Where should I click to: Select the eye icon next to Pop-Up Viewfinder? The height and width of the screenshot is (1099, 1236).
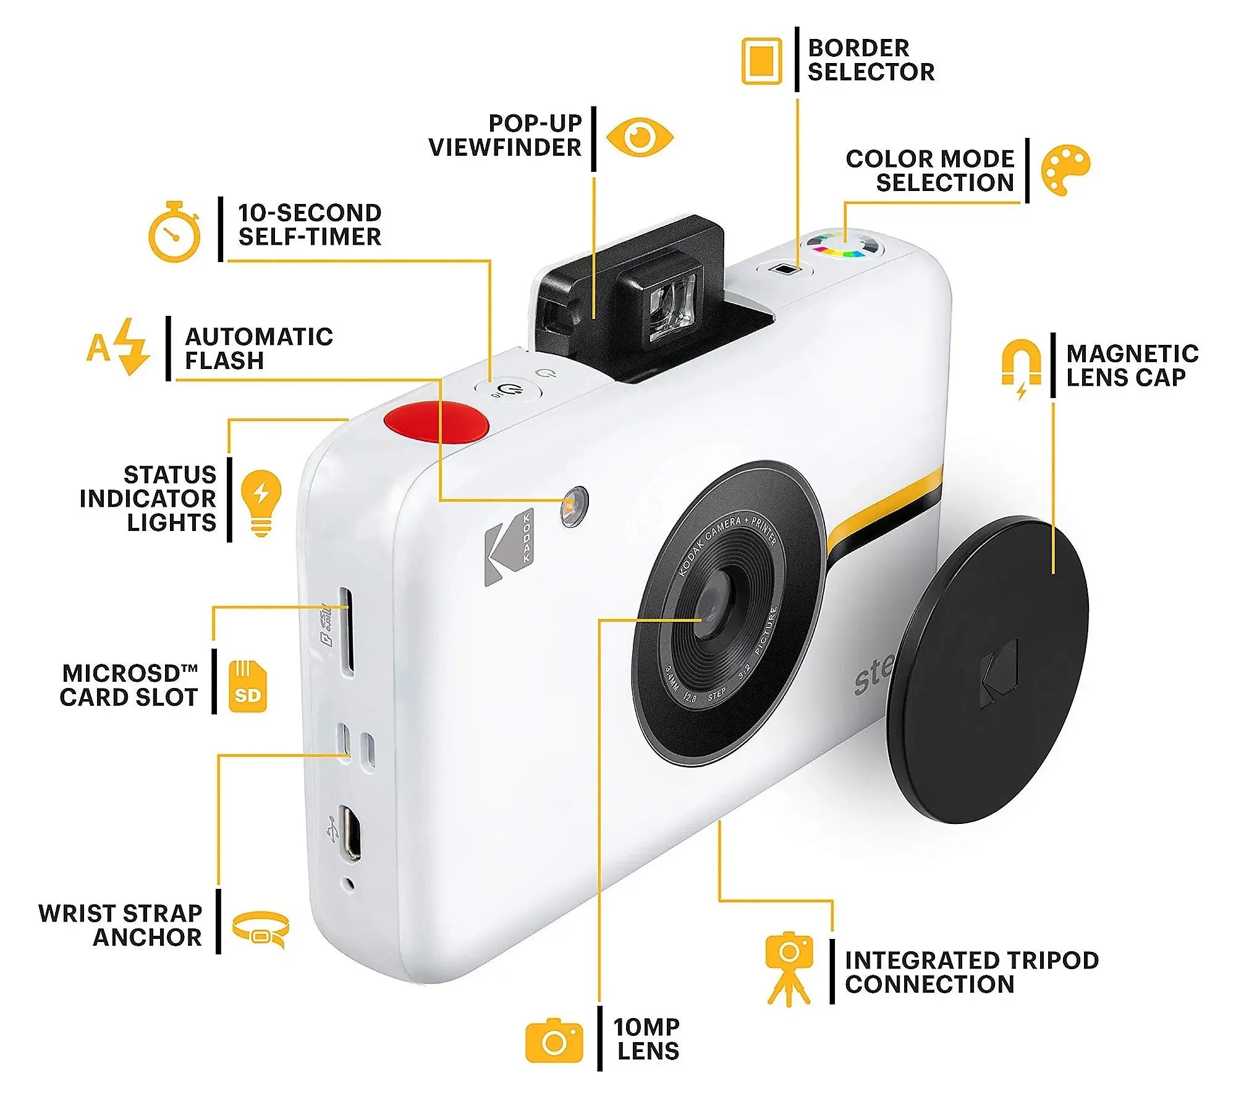pos(640,137)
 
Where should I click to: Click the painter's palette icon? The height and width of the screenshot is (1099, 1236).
pos(1065,170)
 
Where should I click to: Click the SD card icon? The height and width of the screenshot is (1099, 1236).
pos(247,686)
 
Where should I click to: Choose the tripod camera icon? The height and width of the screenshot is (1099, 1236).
pos(789,969)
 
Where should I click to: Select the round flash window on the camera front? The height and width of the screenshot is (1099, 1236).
pos(574,506)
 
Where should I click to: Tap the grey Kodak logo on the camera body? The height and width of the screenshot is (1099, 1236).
pos(508,546)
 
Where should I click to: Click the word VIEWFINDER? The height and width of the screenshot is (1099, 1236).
pos(505,148)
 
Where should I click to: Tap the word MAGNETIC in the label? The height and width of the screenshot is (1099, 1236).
pos(1132,354)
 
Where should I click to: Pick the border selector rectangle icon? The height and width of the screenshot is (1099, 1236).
pos(761,61)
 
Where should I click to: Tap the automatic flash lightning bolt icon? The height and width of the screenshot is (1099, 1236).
pos(132,346)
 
